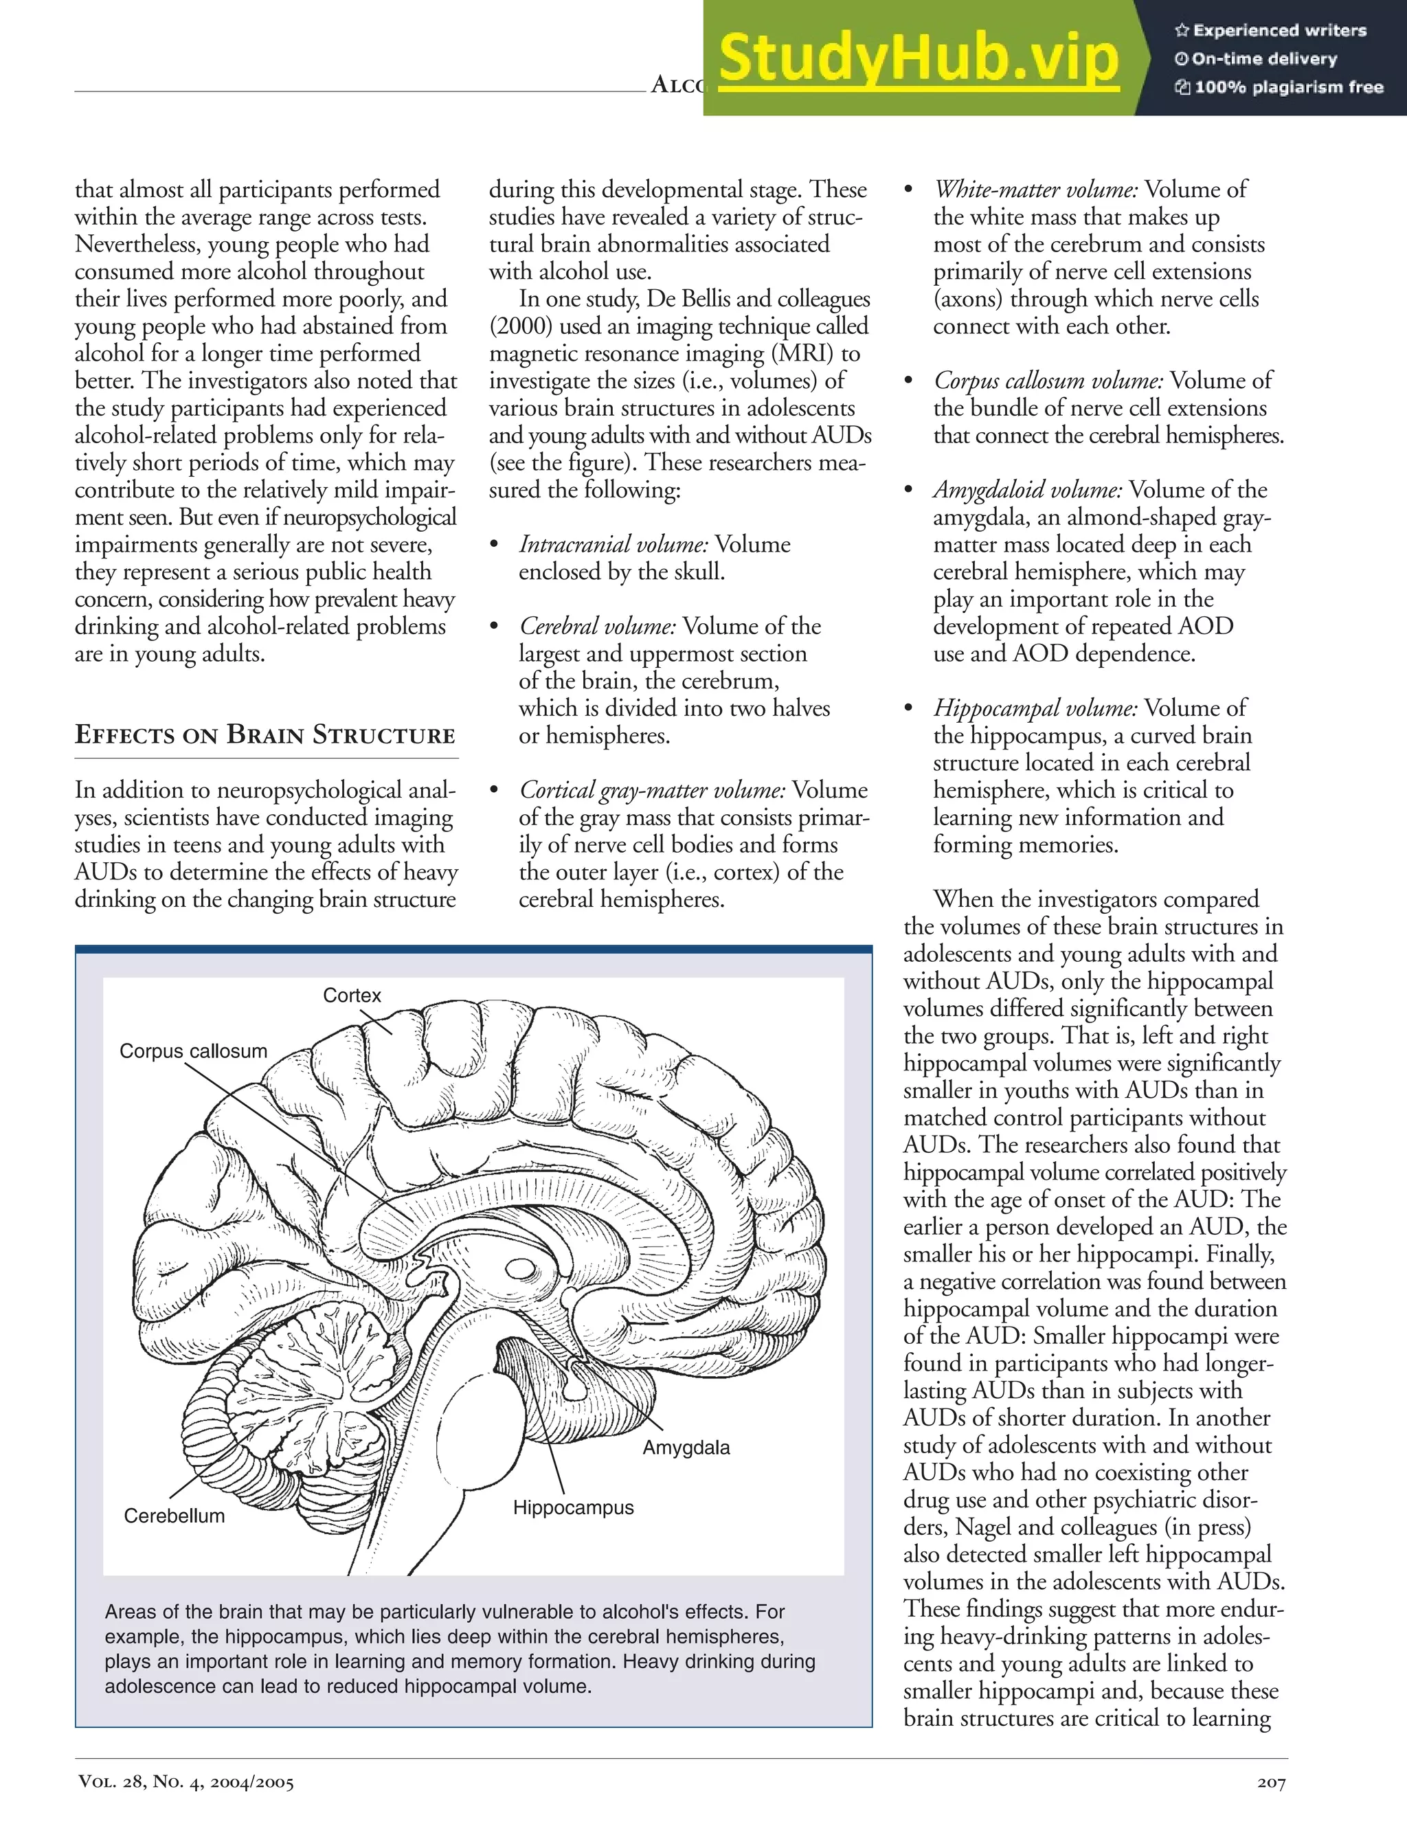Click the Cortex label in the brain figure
[352, 995]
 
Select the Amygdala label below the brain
[686, 1448]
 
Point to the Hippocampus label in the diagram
[573, 1507]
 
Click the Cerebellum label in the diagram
[175, 1516]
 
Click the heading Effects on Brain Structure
[264, 734]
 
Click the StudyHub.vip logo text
[919, 58]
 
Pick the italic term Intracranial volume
[613, 544]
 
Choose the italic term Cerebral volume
[597, 627]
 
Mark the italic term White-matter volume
[1036, 190]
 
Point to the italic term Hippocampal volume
[1035, 708]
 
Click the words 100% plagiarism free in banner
[1288, 87]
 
